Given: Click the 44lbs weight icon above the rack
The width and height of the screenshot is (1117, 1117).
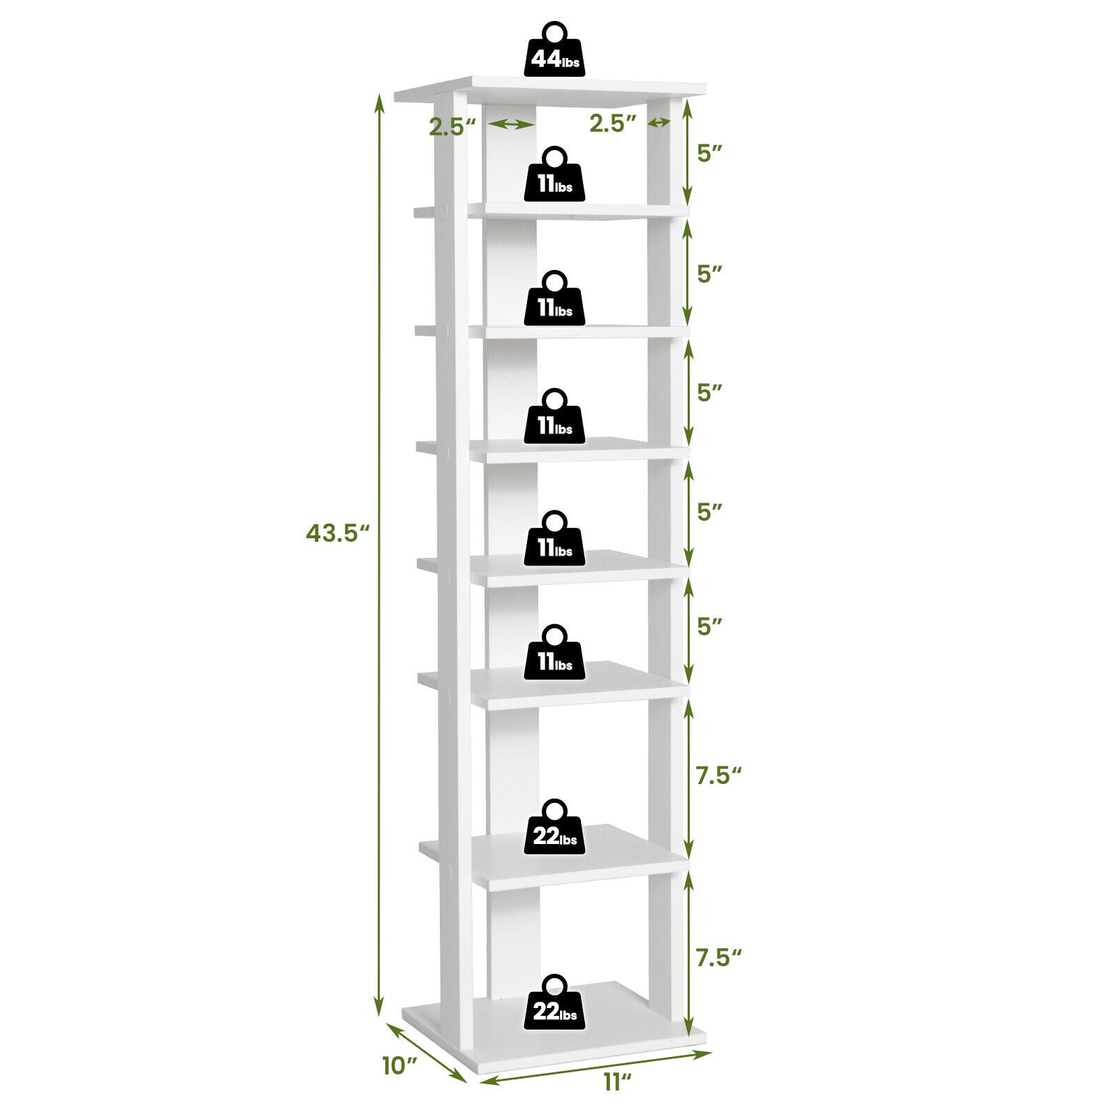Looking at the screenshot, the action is pos(556,50).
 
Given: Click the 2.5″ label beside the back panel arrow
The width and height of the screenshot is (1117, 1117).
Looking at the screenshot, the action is pos(452,127).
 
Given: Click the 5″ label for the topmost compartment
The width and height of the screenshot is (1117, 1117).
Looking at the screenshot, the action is pos(709,154).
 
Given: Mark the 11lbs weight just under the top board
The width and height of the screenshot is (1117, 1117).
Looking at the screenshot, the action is pos(556,175).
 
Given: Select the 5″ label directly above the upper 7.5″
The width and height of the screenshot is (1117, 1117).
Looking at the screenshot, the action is pos(709,626).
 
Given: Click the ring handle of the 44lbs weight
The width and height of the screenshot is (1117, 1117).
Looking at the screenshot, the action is pos(556,34).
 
